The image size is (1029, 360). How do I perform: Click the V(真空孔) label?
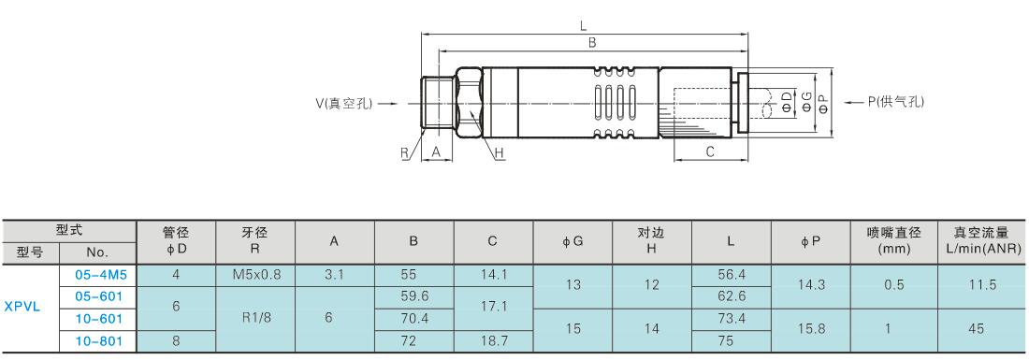pyautogui.click(x=344, y=103)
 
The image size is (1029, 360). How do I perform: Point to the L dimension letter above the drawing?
pyautogui.click(x=584, y=26)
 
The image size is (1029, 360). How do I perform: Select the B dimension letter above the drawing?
pyautogui.click(x=592, y=43)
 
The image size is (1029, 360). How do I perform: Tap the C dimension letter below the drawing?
pyautogui.click(x=710, y=151)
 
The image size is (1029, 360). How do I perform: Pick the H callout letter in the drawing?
pyautogui.click(x=500, y=154)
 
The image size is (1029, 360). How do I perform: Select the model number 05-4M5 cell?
pyautogui.click(x=98, y=275)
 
